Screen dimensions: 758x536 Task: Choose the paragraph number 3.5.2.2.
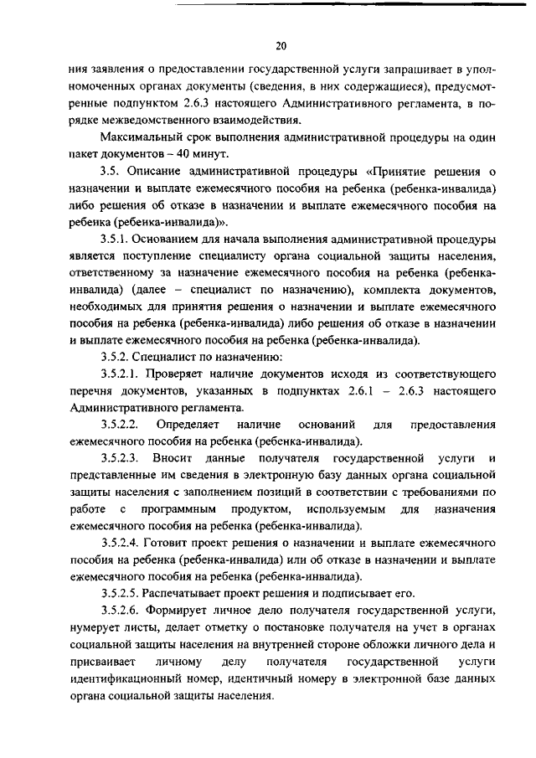[120, 425]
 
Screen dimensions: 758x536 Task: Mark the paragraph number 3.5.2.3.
[120, 459]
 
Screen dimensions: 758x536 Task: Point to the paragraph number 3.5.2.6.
[120, 611]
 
